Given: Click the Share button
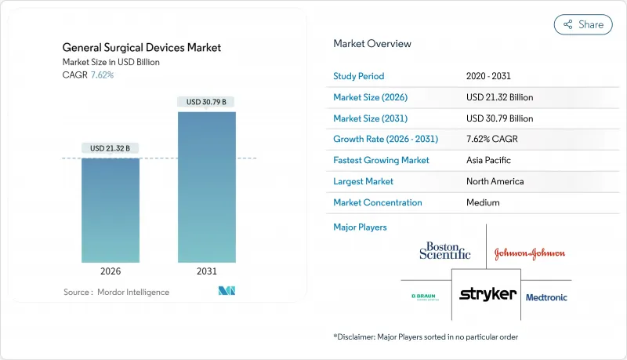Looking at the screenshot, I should pyautogui.click(x=583, y=24).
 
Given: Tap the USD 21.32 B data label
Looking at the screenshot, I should pyautogui.click(x=111, y=148).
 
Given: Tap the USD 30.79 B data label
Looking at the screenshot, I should pyautogui.click(x=207, y=102).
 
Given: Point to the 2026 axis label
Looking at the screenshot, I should pyautogui.click(x=111, y=271).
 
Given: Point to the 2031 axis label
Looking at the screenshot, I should pyautogui.click(x=207, y=271).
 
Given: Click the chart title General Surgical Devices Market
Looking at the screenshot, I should pyautogui.click(x=142, y=48).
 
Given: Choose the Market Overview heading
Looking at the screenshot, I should pyautogui.click(x=371, y=44).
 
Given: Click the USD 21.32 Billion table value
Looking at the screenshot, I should pyautogui.click(x=500, y=97).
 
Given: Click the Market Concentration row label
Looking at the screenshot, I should pyautogui.click(x=378, y=202).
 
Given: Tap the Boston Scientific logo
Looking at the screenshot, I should pyautogui.click(x=445, y=251).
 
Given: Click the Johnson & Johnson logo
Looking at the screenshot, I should pyautogui.click(x=529, y=253).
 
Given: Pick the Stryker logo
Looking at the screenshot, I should pyautogui.click(x=487, y=294).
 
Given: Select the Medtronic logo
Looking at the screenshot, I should pyautogui.click(x=546, y=297).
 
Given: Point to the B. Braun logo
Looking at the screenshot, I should pyautogui.click(x=424, y=297).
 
